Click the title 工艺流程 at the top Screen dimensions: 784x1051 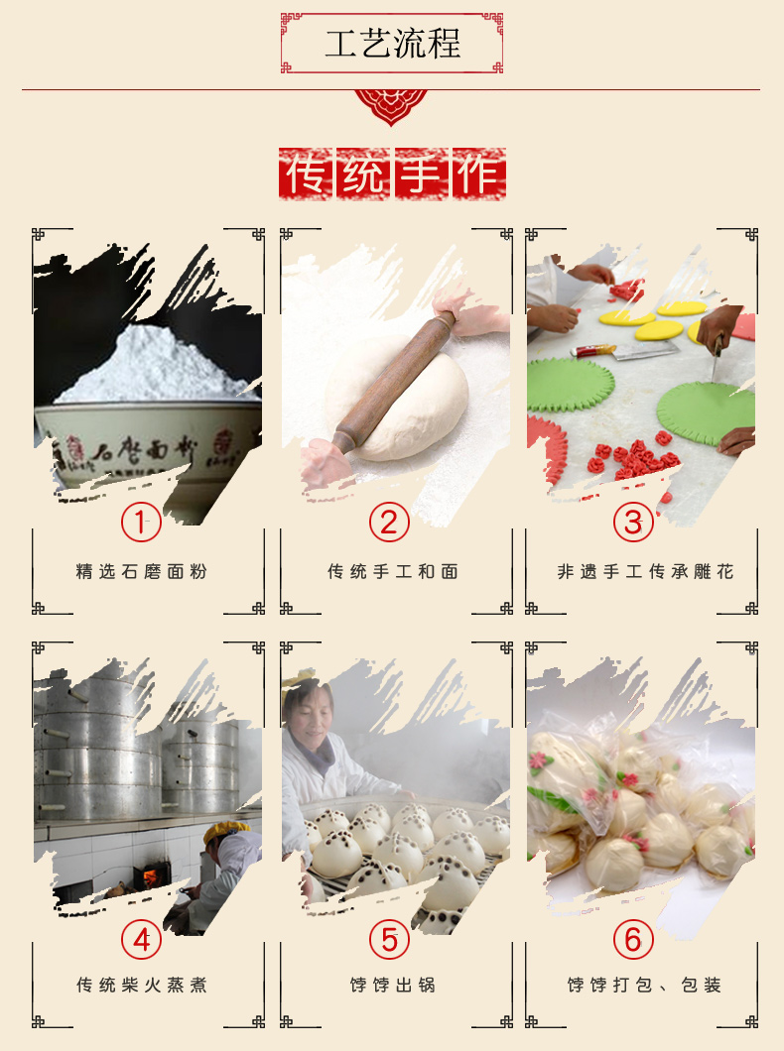[x=392, y=43]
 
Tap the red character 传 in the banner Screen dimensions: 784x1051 [x=307, y=174]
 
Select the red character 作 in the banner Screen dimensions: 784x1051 [x=479, y=174]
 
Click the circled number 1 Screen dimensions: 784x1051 [x=141, y=523]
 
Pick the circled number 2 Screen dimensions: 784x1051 [x=389, y=523]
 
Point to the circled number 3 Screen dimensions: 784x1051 [x=633, y=523]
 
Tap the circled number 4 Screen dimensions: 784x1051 [x=141, y=940]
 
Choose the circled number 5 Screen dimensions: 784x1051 [x=389, y=940]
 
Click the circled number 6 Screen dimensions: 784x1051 [x=633, y=940]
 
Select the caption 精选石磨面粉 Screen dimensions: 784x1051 [x=142, y=572]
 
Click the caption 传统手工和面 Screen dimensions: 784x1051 [x=393, y=572]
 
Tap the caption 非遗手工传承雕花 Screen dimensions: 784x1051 [x=645, y=572]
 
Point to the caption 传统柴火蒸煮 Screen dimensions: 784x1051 [x=142, y=985]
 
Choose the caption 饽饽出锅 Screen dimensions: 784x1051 [x=393, y=985]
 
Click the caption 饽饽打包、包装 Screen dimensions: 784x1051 [x=644, y=985]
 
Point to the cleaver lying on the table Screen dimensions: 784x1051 [x=623, y=350]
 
